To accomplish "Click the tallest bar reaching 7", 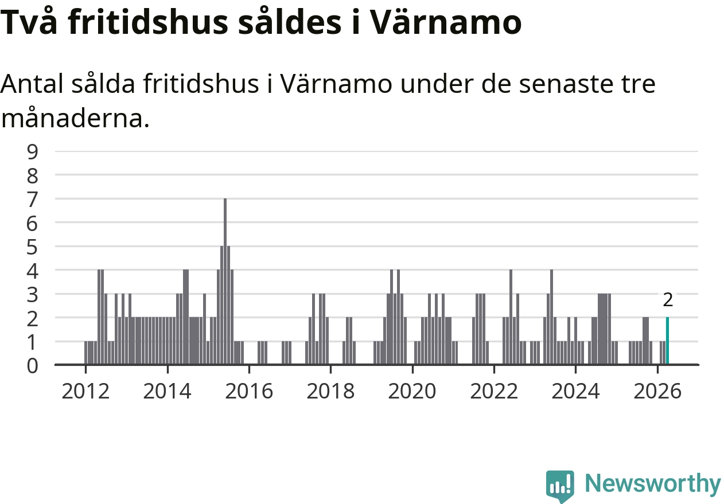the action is [225, 282].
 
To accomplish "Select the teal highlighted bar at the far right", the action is [667, 341].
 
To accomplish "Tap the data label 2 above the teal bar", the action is [668, 300].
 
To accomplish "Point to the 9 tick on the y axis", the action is [32, 152].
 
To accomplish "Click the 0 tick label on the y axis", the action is [32, 366].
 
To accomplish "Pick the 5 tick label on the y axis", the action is [32, 247].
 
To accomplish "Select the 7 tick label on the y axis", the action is [32, 200].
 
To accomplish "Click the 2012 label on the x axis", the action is [85, 391].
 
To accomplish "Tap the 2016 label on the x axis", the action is [249, 391].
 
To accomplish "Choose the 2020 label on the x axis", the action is [412, 391].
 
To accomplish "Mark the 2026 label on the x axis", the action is [657, 391].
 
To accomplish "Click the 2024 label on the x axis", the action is [575, 391].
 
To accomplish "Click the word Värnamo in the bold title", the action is [446, 22].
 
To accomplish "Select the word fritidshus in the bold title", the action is [148, 22].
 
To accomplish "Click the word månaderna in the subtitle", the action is [75, 118].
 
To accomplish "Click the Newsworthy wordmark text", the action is [653, 484].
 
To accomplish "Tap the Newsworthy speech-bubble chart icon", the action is [560, 485].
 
